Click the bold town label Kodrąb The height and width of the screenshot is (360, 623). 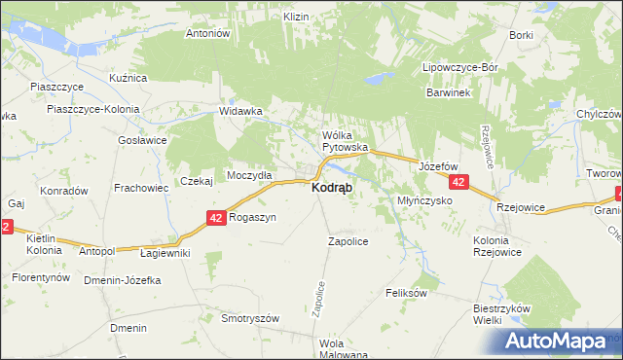click(x=332, y=187)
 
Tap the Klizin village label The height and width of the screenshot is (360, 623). click(x=296, y=18)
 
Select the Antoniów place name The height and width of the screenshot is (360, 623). click(x=206, y=33)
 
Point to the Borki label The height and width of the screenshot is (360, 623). click(x=521, y=35)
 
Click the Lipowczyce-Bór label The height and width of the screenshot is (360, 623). click(x=459, y=68)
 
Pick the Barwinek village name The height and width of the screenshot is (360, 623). click(x=448, y=92)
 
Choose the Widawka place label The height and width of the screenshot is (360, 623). click(x=241, y=111)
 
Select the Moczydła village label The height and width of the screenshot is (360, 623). click(x=250, y=174)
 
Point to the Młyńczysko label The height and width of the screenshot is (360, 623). click(x=425, y=199)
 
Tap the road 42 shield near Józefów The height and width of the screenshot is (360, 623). click(x=459, y=182)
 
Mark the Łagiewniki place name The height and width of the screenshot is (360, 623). click(x=165, y=253)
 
